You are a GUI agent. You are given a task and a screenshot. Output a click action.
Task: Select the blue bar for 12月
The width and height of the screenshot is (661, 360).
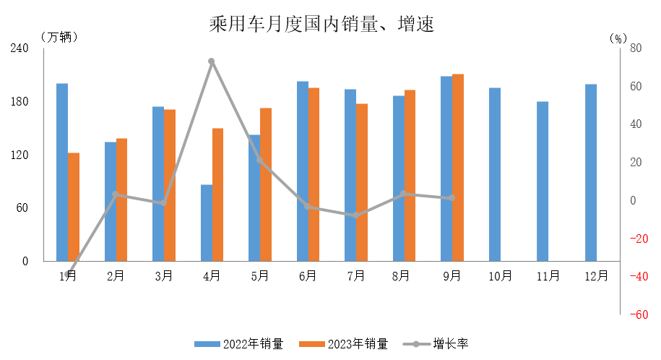(x=591, y=173)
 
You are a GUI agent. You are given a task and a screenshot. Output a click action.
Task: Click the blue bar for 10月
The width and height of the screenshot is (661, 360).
(x=495, y=174)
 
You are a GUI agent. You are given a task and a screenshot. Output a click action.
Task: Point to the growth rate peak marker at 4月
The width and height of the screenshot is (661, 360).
(x=212, y=61)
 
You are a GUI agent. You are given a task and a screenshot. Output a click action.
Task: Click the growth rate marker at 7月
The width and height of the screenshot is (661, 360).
(x=355, y=215)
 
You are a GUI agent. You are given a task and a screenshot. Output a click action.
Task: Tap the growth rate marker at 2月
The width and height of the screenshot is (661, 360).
(x=116, y=194)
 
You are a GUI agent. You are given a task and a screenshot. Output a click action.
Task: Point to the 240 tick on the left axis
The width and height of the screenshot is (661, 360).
(x=20, y=48)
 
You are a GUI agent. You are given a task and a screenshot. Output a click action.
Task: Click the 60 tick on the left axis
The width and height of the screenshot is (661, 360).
(x=22, y=208)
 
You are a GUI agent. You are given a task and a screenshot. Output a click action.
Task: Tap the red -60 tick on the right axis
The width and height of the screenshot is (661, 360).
(x=638, y=314)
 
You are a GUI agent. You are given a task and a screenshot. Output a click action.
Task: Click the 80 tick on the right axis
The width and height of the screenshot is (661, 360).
(x=636, y=48)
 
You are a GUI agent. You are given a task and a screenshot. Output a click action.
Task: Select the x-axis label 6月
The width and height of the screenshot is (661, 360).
(x=308, y=275)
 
